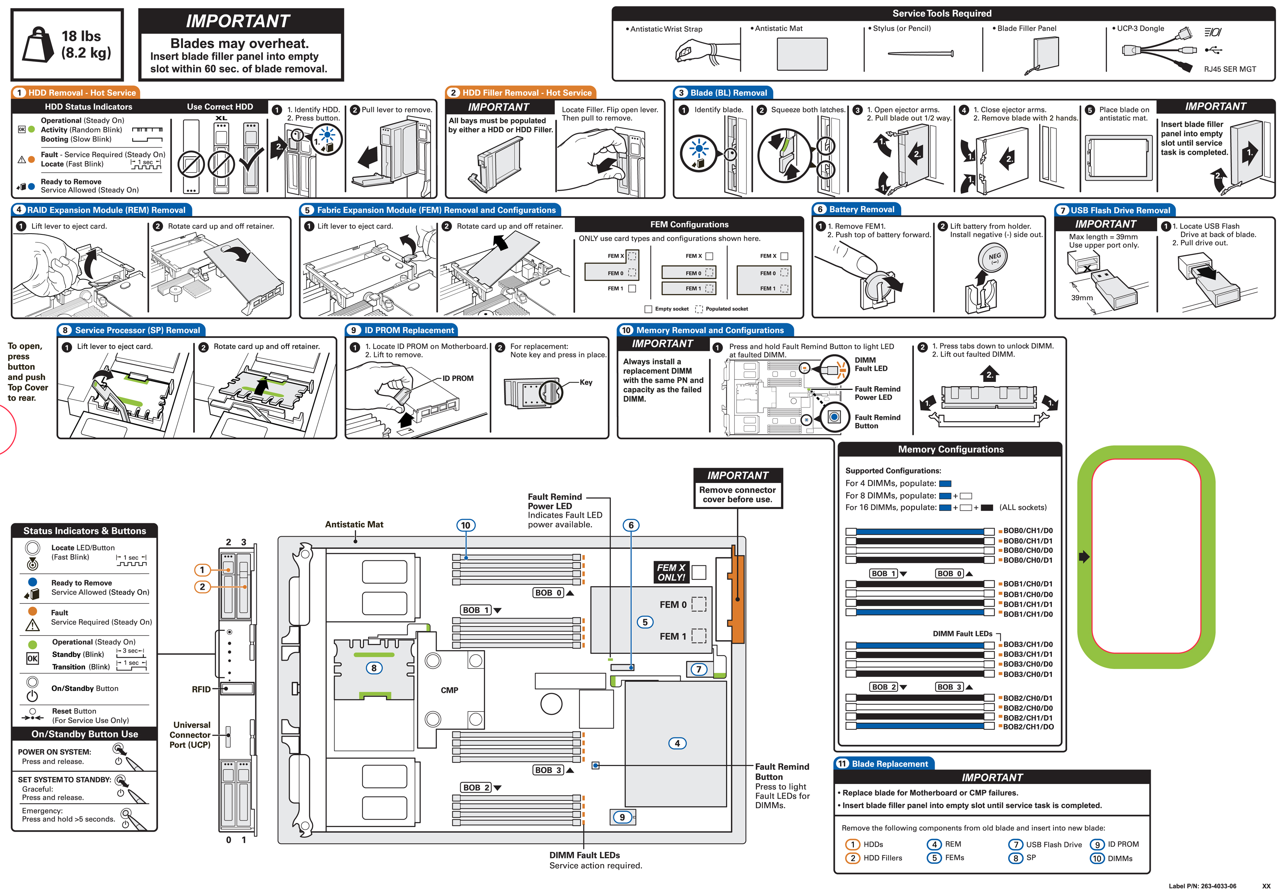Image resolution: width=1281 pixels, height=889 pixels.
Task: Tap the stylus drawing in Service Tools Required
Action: click(x=920, y=54)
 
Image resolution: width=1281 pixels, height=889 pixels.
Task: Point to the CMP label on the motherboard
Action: click(x=449, y=690)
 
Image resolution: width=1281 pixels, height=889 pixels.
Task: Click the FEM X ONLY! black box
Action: click(x=671, y=573)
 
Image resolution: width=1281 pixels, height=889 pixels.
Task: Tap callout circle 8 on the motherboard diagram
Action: click(x=374, y=668)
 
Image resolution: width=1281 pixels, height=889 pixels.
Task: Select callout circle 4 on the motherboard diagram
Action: click(x=677, y=743)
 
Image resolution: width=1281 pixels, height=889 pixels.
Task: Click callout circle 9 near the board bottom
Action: click(x=622, y=817)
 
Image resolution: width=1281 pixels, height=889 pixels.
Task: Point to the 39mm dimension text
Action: click(x=1081, y=298)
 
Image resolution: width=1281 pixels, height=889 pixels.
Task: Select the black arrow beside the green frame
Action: click(x=1084, y=557)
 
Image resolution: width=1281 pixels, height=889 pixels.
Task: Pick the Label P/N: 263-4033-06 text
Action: click(x=1202, y=885)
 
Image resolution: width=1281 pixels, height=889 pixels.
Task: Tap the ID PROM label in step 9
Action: click(x=458, y=378)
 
